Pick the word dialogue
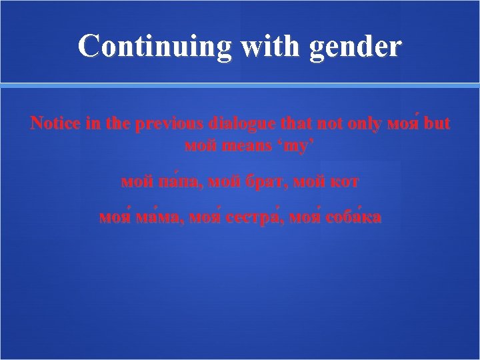click(x=242, y=124)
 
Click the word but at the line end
click(x=437, y=124)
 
